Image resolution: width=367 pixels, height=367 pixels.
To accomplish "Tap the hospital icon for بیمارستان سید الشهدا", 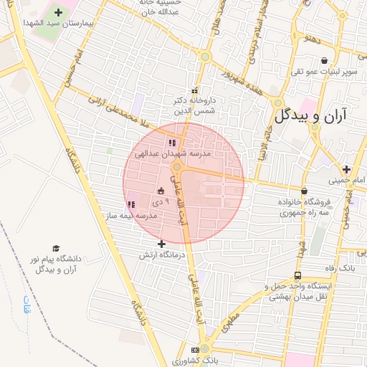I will (58, 13).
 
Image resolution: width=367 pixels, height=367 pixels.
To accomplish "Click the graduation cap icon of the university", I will (56, 248).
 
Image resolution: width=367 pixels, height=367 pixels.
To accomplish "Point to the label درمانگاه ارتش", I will (161, 254).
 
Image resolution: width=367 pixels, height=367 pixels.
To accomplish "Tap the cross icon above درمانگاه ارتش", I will (161, 244).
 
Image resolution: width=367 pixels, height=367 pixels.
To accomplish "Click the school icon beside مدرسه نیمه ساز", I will (130, 204).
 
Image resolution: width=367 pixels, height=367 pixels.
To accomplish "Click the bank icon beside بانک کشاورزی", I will (196, 349).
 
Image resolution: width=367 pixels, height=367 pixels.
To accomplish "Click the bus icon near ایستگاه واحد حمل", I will (297, 276).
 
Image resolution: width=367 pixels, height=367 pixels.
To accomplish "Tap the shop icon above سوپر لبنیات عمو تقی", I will (325, 61).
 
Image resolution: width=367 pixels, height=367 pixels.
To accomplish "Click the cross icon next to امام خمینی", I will (347, 170).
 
